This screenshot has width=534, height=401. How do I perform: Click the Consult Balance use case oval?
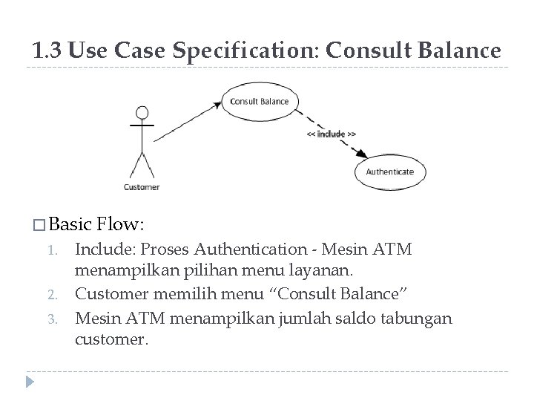point(259,101)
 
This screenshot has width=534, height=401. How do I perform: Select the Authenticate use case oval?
point(390,172)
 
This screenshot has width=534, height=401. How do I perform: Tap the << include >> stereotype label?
point(332,134)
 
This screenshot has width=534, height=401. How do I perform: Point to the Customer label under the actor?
point(141,186)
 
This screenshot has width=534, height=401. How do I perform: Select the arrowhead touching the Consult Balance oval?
point(217,105)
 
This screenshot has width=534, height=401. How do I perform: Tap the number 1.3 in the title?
point(46,50)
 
